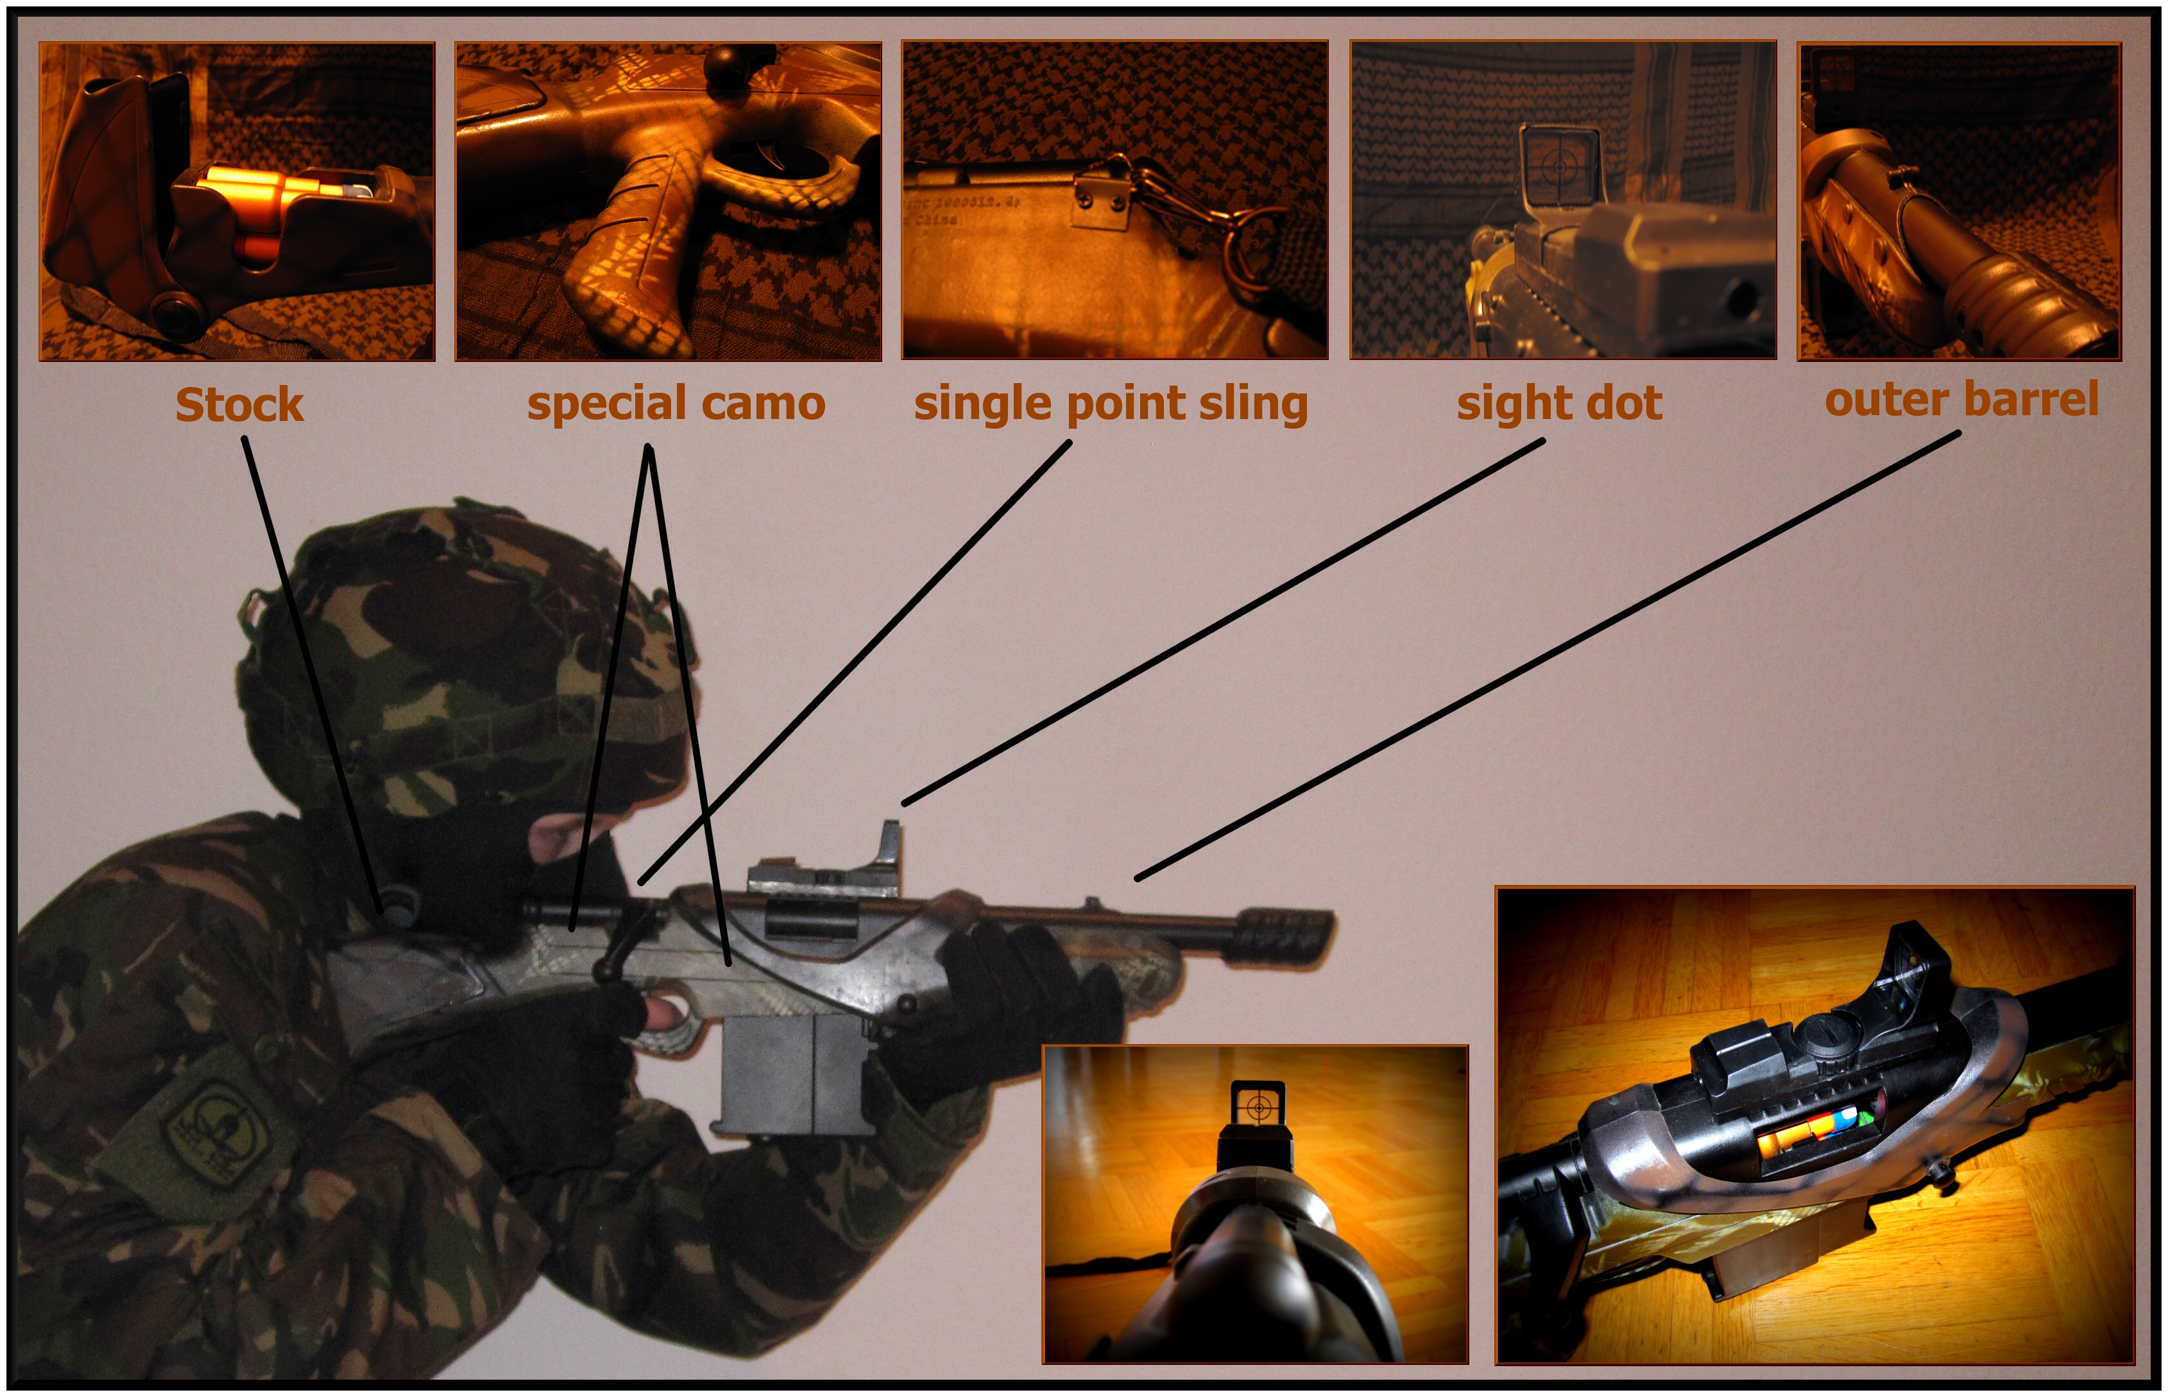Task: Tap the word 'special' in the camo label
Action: (606, 404)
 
